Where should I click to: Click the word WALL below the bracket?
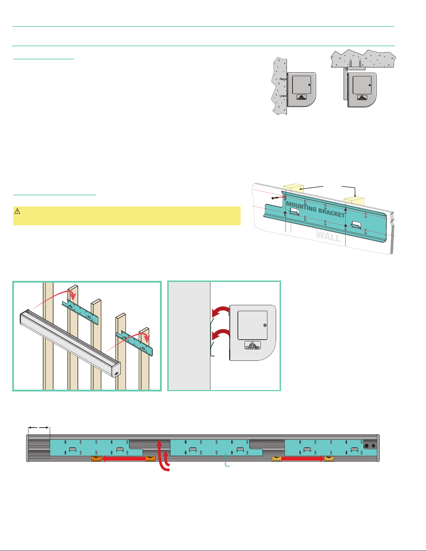click(328, 236)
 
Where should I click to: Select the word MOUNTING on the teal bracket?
click(301, 207)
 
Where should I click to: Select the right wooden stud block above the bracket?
click(354, 201)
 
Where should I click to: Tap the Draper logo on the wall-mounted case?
click(302, 97)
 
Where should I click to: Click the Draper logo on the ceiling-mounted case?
click(362, 98)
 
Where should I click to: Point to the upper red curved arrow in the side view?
click(220, 310)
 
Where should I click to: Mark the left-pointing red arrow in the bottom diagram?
click(123, 459)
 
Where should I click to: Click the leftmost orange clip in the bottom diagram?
click(96, 459)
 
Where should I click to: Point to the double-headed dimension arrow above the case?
click(39, 428)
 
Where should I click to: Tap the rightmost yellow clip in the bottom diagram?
click(329, 459)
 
